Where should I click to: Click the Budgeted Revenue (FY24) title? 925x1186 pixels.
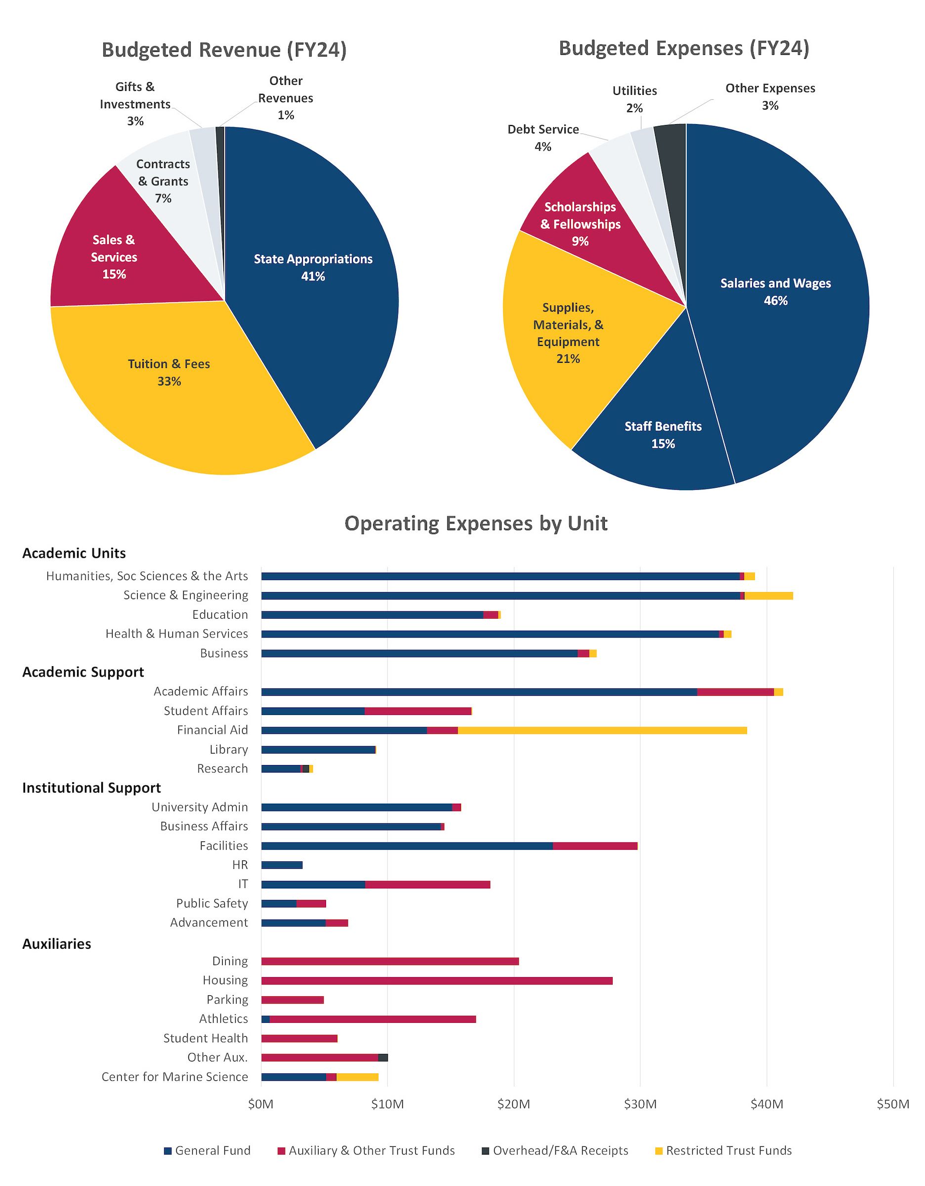(224, 50)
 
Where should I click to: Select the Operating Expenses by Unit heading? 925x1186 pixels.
(476, 523)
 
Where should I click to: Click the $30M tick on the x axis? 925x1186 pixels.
(640, 1104)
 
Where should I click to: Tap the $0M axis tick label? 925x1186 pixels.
(260, 1104)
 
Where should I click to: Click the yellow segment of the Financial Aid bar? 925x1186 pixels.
(602, 730)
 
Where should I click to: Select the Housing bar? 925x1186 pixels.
(436, 981)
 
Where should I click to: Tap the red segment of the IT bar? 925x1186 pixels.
(427, 885)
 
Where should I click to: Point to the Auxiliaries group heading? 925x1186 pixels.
(56, 944)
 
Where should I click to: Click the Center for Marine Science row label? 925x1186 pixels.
(174, 1077)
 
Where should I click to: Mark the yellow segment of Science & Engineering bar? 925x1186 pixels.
(768, 595)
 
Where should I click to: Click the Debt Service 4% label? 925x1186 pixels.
(543, 138)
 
